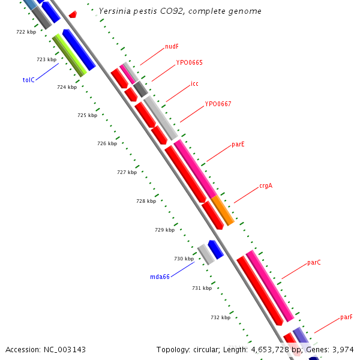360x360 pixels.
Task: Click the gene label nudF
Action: [x=172, y=46]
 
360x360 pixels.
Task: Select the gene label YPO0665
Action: [x=189, y=62]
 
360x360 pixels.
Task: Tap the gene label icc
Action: [x=194, y=83]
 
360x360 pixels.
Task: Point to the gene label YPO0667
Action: [x=218, y=104]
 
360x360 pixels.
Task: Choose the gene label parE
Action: [x=238, y=145]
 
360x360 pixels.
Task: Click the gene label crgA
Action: [x=266, y=185]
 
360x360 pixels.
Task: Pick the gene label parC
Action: [x=314, y=262]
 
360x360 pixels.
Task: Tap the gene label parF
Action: [x=346, y=317]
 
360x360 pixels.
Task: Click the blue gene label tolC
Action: [x=29, y=80]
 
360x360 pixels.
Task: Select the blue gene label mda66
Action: [x=160, y=277]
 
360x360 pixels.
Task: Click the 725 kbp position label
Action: [x=87, y=115]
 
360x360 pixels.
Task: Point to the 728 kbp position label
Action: [x=146, y=201]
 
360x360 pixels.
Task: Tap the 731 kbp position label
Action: [x=202, y=288]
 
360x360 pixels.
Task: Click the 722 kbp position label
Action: [x=26, y=32]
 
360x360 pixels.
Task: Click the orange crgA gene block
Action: [x=222, y=210]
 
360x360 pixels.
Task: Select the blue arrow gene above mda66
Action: [x=215, y=249]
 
